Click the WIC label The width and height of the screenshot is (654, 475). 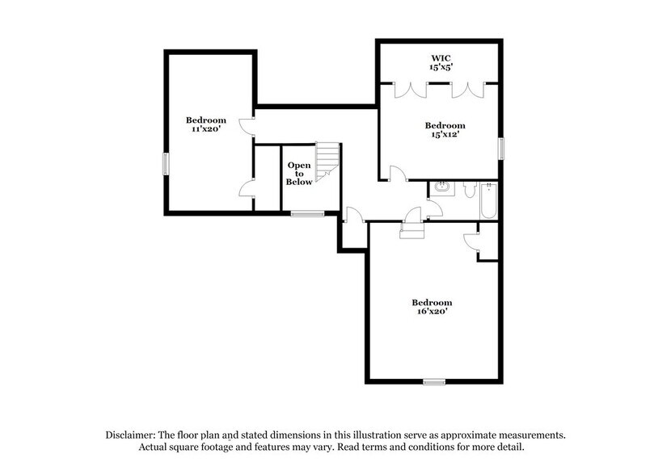point(440,57)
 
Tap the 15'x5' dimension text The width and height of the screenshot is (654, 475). point(440,69)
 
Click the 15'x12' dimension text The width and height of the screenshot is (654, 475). point(444,137)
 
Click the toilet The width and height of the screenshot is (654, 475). point(469,189)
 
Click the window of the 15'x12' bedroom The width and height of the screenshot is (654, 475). point(500,149)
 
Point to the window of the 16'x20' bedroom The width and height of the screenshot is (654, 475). point(434,380)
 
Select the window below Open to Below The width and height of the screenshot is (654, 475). point(307,213)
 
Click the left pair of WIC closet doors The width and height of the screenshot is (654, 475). point(406,89)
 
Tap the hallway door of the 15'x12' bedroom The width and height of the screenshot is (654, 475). point(396,173)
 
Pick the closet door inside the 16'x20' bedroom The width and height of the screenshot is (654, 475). point(471,241)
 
